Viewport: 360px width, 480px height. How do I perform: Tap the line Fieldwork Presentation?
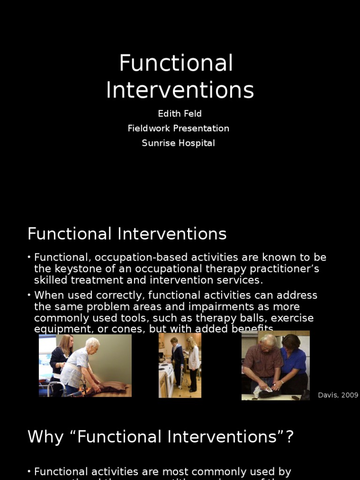point(178,128)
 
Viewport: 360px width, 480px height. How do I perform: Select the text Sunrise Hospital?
point(178,143)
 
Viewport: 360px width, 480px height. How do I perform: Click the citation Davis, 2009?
point(338,395)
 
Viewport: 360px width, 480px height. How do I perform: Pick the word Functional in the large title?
point(176,63)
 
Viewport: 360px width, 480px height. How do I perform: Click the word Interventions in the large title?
point(180,90)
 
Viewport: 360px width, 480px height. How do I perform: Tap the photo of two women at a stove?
point(180,365)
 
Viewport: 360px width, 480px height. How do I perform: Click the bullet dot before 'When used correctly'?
point(29,295)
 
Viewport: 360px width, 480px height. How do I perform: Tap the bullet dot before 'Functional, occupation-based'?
point(29,257)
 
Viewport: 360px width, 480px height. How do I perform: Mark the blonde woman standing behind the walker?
point(62,356)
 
